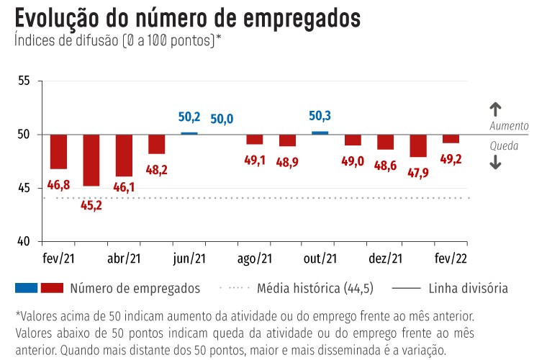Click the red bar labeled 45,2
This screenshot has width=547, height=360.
tap(91, 160)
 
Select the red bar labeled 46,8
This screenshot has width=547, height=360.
tap(58, 151)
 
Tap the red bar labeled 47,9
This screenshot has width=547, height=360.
tap(418, 145)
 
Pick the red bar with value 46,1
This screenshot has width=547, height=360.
tap(124, 155)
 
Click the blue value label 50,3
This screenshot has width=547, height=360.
tap(320, 115)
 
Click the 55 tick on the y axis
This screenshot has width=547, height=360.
tap(23, 81)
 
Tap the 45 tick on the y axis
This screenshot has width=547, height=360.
tap(23, 188)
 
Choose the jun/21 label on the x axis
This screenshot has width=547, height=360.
tap(189, 258)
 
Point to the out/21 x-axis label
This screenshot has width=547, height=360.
tap(320, 258)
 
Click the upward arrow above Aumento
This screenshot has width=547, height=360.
tap(495, 109)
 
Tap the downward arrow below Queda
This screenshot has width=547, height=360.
tap(495, 163)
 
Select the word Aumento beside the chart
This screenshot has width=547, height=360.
tap(509, 125)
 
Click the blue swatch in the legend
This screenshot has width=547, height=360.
tap(26, 288)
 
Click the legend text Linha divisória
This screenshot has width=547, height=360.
tap(468, 289)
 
